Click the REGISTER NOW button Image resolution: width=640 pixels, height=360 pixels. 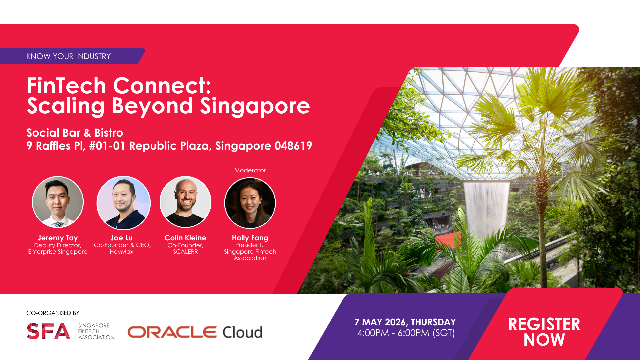[x=544, y=332]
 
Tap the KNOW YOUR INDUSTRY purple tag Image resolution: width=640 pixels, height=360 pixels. [x=72, y=56]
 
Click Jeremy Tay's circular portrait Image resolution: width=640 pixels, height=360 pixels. [x=58, y=202]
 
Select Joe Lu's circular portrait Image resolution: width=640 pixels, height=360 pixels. [x=123, y=203]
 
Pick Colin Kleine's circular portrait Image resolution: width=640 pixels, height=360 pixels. [x=186, y=202]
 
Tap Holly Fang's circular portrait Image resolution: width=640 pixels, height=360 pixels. [x=250, y=203]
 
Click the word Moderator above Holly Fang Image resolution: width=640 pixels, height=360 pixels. [x=250, y=170]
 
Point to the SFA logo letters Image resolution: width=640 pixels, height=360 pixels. [x=48, y=331]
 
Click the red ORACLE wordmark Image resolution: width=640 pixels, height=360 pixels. [x=172, y=332]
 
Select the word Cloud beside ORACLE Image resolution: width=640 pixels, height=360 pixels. [x=242, y=332]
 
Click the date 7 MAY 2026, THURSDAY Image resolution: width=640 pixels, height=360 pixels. [x=405, y=322]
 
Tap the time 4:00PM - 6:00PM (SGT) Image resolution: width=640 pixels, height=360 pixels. [x=406, y=333]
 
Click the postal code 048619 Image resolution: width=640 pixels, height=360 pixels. [x=293, y=146]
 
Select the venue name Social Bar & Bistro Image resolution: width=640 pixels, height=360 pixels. [x=75, y=133]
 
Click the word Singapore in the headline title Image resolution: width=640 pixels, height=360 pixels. [x=255, y=106]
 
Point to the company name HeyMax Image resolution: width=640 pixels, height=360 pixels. [x=122, y=252]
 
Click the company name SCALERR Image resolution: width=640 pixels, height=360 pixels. [x=185, y=252]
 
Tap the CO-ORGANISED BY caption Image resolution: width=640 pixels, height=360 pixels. [x=53, y=313]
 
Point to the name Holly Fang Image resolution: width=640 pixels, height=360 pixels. [x=250, y=238]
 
